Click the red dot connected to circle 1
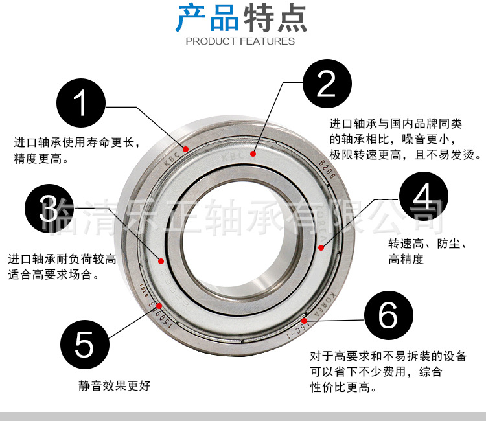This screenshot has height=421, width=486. click(186, 149)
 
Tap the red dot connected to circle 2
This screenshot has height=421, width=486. click(253, 154)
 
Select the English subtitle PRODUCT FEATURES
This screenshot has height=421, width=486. click(240, 41)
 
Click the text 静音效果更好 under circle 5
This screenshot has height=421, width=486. click(114, 386)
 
